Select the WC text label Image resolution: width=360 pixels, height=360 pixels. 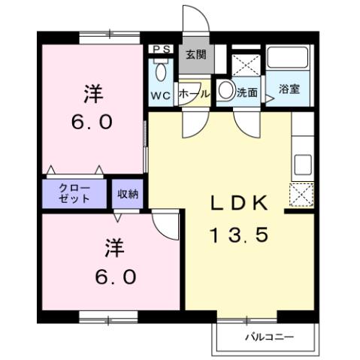coord(162,95)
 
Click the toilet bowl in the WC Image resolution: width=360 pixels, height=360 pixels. coord(161,72)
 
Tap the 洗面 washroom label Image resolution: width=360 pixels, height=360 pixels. coord(247,94)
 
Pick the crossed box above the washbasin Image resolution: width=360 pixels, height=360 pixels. coord(244,62)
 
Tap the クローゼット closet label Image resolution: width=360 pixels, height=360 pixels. coord(75,193)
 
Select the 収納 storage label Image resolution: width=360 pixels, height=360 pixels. coord(128,194)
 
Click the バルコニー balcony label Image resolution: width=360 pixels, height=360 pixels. coord(269,336)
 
